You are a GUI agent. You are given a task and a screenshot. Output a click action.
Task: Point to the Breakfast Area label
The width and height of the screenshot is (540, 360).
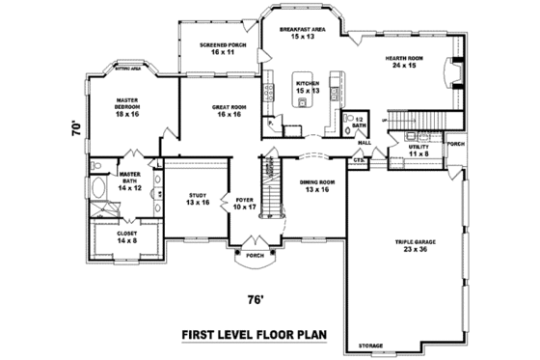tap(303, 34)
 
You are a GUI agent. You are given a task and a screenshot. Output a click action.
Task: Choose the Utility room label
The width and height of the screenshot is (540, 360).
tap(419, 151)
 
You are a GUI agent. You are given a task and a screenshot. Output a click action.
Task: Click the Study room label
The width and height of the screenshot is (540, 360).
tap(198, 199)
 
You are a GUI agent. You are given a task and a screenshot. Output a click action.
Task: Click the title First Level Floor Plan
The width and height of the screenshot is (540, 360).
tap(255, 337)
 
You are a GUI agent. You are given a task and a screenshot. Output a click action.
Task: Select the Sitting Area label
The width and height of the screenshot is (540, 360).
tap(129, 69)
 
